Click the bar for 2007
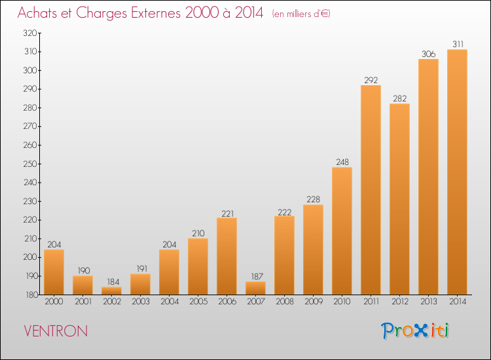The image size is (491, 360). [256, 288]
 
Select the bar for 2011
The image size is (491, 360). [371, 190]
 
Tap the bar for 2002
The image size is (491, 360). [112, 291]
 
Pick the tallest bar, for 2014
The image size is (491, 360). [457, 172]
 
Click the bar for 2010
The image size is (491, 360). [342, 230]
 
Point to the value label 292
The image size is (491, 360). [371, 80]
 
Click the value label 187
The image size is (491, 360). [257, 276]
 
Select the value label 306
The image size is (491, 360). [429, 54]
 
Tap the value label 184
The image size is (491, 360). [113, 282]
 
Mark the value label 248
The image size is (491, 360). [342, 162]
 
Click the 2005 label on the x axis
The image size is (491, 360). [198, 302]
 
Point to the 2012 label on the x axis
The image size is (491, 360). [400, 302]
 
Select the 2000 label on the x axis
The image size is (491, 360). [54, 302]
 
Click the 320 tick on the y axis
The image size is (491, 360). [30, 33]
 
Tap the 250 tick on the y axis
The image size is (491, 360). [30, 164]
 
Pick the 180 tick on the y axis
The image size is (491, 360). [31, 295]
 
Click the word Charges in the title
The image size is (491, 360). [101, 14]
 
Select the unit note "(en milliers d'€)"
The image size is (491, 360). [301, 14]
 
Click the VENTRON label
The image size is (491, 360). [56, 331]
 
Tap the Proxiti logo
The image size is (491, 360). [415, 331]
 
